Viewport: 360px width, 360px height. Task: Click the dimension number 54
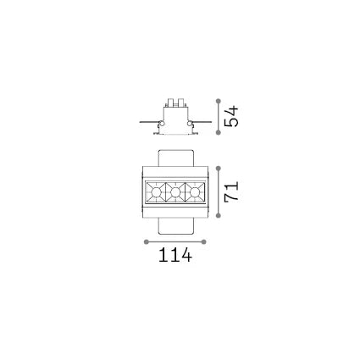[x=231, y=116]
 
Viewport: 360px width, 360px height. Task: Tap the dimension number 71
[x=231, y=191]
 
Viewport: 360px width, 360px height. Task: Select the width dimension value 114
[x=175, y=255]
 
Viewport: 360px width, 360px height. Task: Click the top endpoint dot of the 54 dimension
[x=218, y=101]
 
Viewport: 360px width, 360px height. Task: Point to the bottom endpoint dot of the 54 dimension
[x=218, y=132]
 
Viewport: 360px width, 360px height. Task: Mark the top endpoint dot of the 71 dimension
[x=218, y=169]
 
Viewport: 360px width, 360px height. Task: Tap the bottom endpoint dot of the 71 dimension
[x=218, y=216]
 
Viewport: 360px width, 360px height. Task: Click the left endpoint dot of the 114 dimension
[x=147, y=241]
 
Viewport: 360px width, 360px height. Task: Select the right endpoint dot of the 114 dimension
[x=204, y=241]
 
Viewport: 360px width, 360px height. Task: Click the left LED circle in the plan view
[x=156, y=192]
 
